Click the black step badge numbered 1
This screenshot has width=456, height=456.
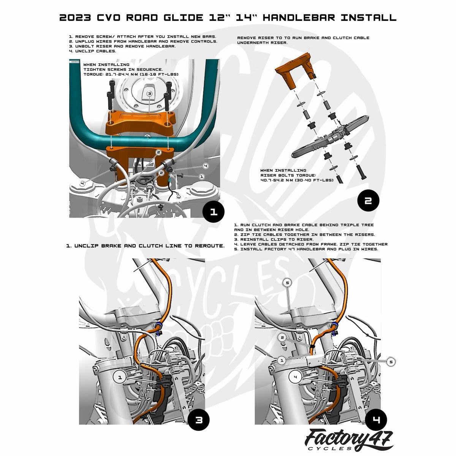[214, 212]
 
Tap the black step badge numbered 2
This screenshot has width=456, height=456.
[368, 200]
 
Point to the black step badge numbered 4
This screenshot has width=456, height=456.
[376, 420]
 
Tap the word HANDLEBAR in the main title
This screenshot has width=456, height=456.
[299, 18]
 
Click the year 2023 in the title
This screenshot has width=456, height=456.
[75, 18]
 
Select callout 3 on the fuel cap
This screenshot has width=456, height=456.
[149, 94]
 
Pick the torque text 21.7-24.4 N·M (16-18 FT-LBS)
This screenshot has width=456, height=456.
[131, 74]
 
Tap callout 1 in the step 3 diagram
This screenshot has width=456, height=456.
[120, 377]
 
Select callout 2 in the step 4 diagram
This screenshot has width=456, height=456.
[282, 337]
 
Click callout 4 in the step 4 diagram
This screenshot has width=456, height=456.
[295, 377]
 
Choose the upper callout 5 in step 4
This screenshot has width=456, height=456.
[287, 283]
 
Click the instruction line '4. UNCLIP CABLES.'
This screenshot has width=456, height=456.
[92, 51]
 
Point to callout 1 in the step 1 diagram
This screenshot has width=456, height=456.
[202, 177]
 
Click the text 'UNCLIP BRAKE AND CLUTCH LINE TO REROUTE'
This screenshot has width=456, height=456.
[149, 246]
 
